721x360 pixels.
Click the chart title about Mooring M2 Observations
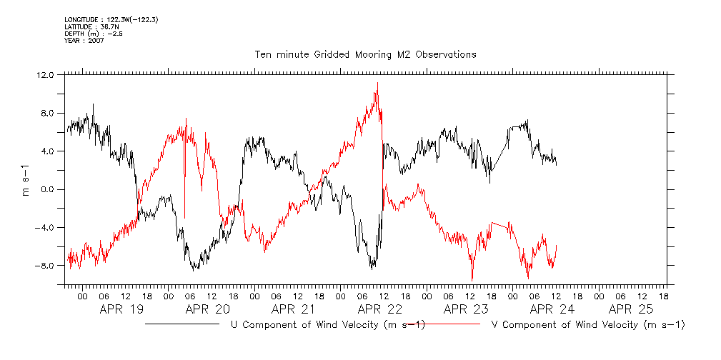coord(365,54)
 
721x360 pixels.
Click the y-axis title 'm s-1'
coord(26,179)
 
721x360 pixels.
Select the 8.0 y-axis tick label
coord(46,113)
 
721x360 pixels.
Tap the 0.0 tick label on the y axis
coord(46,189)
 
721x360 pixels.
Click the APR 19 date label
coord(121,309)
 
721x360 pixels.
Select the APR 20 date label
coord(207,309)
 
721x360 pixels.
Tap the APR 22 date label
coord(379,309)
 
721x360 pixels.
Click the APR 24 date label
coord(552,309)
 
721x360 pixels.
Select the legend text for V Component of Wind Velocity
coord(588,325)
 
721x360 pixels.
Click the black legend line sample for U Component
coord(182,324)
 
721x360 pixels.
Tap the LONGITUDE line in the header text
coord(110,20)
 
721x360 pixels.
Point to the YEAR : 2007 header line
coord(84,41)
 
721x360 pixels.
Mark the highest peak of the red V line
coord(377,83)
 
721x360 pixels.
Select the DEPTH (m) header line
coord(94,34)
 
